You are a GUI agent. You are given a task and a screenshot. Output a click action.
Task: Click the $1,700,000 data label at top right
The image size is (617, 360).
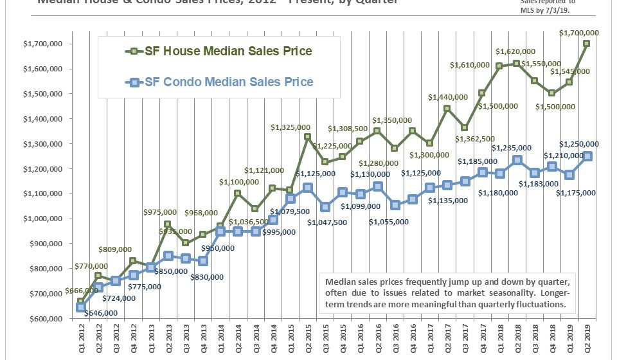coord(580,33)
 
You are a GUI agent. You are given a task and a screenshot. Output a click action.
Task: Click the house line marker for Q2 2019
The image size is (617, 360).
coord(587,44)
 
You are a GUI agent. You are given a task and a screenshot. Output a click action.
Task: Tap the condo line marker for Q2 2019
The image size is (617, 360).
coord(587,156)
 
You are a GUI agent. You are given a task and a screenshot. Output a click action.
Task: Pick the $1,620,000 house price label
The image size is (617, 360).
coord(515,51)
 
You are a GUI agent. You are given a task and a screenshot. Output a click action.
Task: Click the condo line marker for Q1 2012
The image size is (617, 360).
coord(81,307)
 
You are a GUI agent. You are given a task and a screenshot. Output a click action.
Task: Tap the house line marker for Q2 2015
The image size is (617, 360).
coord(308,137)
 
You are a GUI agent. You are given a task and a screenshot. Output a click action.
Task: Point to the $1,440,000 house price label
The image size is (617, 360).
coord(448,97)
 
